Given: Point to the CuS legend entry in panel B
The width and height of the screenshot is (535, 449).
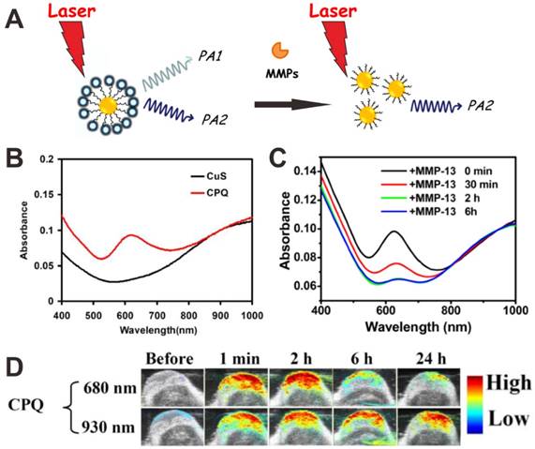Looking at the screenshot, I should (x=221, y=172).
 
